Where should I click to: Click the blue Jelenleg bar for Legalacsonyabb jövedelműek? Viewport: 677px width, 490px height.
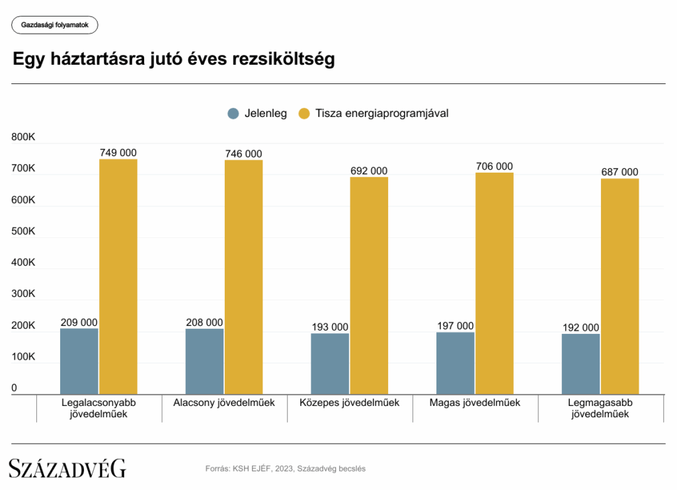tap(79, 361)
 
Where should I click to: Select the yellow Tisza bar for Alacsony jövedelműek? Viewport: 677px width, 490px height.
tap(243, 277)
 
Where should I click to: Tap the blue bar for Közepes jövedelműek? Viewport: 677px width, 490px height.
tap(329, 364)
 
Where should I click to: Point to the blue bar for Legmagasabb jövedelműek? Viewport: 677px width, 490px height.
tap(580, 364)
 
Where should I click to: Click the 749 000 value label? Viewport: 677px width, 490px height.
tap(118, 153)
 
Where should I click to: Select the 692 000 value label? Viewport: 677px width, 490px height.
tap(369, 171)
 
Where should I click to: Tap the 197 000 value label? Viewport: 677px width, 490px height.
tap(456, 325)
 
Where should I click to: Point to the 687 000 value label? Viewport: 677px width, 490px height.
tap(620, 172)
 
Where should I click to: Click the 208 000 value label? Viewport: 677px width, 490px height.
tap(204, 323)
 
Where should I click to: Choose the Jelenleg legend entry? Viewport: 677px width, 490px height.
tap(257, 113)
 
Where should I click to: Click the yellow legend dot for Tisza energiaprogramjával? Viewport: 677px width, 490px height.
tap(304, 113)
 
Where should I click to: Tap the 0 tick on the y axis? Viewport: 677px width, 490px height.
tap(15, 388)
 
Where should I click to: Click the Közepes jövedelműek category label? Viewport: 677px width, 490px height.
tap(349, 402)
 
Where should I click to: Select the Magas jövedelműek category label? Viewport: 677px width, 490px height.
tap(475, 402)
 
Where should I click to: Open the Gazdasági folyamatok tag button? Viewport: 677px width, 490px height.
tap(55, 25)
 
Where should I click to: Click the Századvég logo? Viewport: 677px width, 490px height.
tap(67, 468)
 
